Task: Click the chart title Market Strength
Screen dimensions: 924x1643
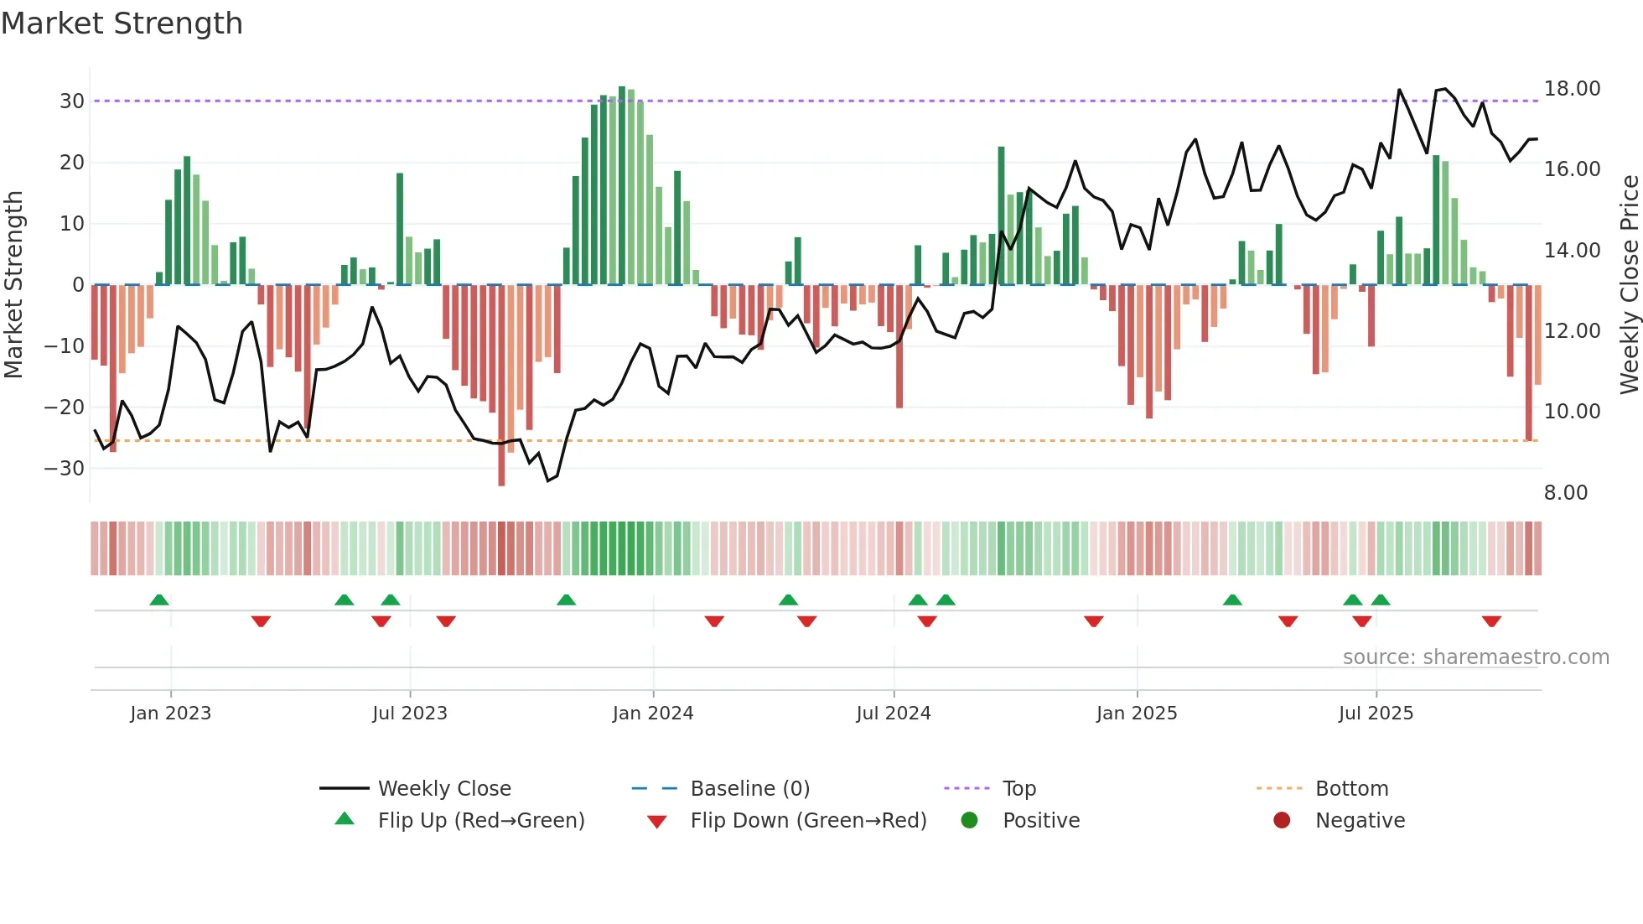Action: click(x=122, y=23)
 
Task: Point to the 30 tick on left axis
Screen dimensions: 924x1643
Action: click(x=72, y=101)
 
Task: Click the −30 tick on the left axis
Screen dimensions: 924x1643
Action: click(x=65, y=469)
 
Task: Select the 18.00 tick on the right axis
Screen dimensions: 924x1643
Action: click(x=1572, y=89)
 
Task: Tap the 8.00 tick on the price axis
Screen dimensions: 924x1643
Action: click(x=1566, y=493)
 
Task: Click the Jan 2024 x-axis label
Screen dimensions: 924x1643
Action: click(x=653, y=714)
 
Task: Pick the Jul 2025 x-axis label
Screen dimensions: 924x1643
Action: click(x=1376, y=714)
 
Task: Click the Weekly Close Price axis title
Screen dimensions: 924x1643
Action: click(x=1629, y=285)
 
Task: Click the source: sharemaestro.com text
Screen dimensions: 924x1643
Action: click(x=1475, y=657)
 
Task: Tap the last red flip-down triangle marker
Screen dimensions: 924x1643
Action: click(x=1491, y=621)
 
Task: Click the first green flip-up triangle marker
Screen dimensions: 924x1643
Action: click(x=159, y=600)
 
